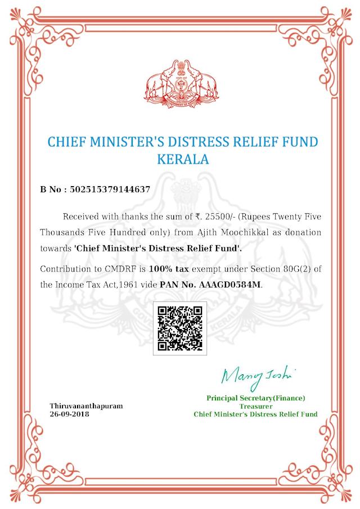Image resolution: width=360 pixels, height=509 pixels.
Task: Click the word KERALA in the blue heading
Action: [x=181, y=159]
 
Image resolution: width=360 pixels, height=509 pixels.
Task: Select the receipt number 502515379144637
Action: [x=110, y=190]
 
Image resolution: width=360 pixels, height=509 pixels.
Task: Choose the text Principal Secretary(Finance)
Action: [x=256, y=398]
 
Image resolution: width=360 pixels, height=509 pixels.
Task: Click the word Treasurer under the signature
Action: [x=256, y=406]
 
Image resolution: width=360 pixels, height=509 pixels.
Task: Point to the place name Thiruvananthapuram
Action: [x=86, y=406]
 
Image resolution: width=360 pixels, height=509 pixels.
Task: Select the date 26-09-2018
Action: [x=69, y=414]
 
